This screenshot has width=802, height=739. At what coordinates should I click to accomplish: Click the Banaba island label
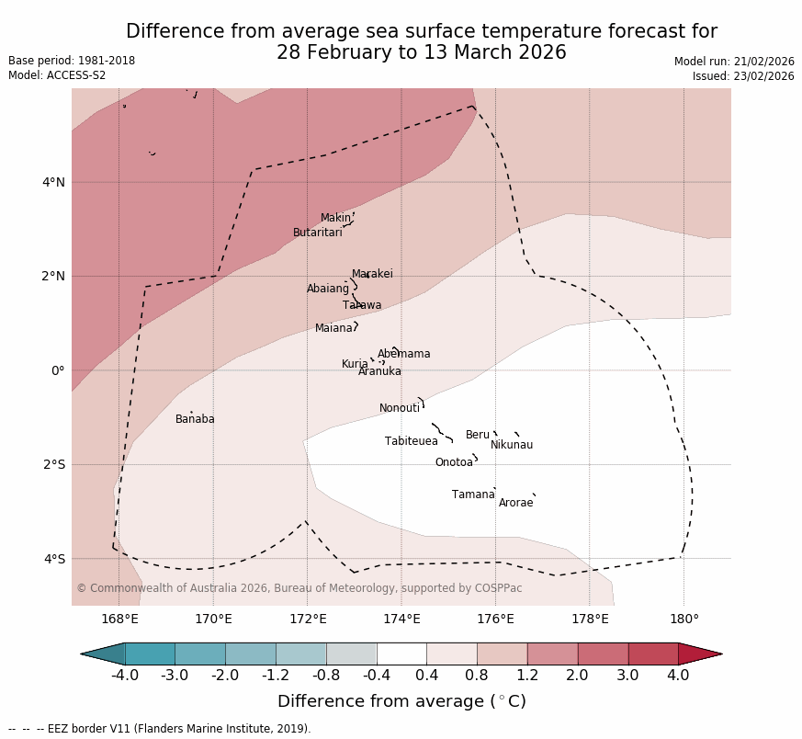195,419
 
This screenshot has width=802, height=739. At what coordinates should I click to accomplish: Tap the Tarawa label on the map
362,305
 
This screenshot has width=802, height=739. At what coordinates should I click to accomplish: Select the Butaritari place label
318,233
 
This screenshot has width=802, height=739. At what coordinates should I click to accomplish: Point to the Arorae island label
515,503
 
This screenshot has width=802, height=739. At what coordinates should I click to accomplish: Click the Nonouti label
400,408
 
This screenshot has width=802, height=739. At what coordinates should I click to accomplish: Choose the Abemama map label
403,354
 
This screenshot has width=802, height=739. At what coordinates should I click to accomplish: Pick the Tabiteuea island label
412,441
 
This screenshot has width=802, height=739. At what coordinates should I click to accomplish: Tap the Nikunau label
512,445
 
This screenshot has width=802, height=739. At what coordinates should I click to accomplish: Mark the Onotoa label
454,462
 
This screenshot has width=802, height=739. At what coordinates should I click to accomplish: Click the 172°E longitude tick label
308,619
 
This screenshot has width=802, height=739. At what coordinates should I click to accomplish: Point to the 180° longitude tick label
683,619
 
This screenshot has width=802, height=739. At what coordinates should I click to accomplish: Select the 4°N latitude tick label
53,182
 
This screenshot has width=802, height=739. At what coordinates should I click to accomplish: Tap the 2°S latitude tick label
53,464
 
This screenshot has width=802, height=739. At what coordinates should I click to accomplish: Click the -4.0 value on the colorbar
125,676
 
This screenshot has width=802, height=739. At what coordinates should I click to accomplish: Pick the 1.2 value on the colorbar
527,676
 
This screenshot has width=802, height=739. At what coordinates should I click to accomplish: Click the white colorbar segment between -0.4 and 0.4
401,654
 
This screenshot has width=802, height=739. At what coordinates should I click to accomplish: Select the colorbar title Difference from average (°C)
401,701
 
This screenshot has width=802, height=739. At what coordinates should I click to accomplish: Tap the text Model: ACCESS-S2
57,75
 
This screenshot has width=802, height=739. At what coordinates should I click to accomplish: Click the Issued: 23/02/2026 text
743,76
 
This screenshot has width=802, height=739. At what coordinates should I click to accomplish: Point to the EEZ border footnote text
160,729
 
